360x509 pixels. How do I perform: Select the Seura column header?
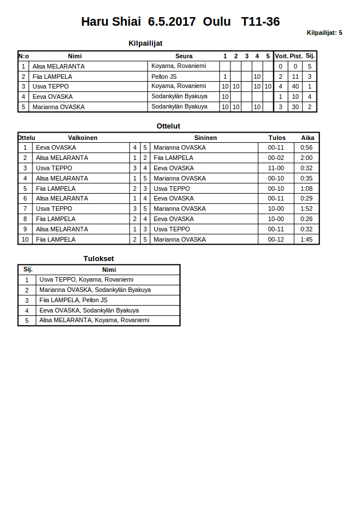pyautogui.click(x=184, y=56)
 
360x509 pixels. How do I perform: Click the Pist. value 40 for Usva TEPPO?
pyautogui.click(x=295, y=86)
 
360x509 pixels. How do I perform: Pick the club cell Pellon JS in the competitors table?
pyautogui.click(x=164, y=77)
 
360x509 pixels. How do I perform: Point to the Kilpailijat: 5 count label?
pyautogui.click(x=325, y=33)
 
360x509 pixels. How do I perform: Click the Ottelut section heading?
pyautogui.click(x=169, y=126)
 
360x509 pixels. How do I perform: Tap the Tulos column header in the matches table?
pyautogui.click(x=277, y=138)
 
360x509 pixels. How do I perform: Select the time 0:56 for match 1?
pyautogui.click(x=307, y=147)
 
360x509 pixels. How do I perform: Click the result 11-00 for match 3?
pyautogui.click(x=276, y=168)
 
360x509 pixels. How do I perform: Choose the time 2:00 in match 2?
pyautogui.click(x=307, y=158)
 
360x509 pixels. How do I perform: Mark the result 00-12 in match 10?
pyautogui.click(x=276, y=239)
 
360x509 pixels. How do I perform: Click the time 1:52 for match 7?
pyautogui.click(x=307, y=209)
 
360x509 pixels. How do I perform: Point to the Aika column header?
pyautogui.click(x=308, y=138)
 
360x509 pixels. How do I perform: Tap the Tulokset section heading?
pyautogui.click(x=99, y=259)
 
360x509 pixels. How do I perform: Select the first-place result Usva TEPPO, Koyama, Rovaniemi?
pyautogui.click(x=86, y=279)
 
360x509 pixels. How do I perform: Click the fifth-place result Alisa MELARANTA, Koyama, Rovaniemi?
pyautogui.click(x=94, y=320)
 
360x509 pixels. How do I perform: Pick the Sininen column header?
pyautogui.click(x=205, y=138)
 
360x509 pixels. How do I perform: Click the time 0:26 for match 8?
pyautogui.click(x=307, y=219)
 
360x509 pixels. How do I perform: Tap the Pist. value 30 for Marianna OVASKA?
pyautogui.click(x=295, y=107)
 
